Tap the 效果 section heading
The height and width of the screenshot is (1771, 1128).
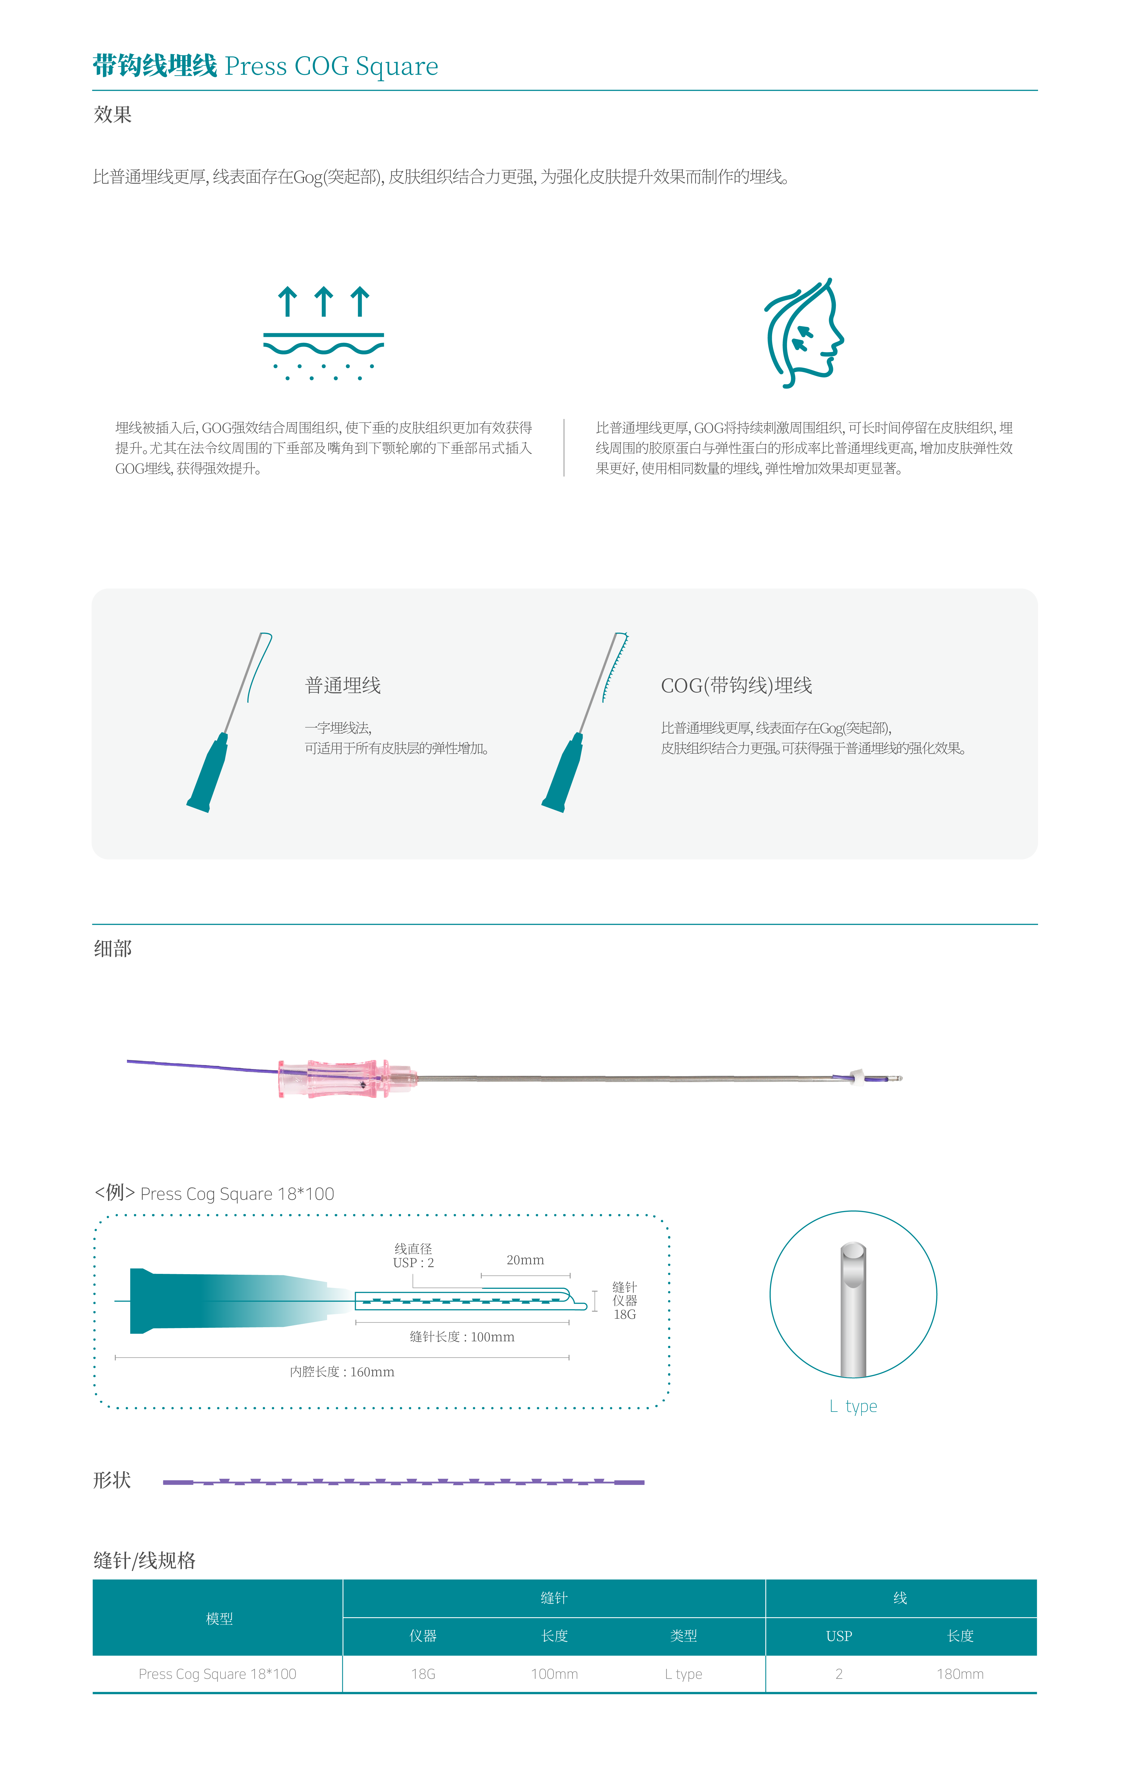[113, 115]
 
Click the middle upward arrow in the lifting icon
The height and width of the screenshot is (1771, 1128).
[323, 302]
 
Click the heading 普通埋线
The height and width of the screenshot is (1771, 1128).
[343, 685]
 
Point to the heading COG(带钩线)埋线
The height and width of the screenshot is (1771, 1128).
[736, 685]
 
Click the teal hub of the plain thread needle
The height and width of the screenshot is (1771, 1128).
[207, 772]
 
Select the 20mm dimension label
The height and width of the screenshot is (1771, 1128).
[525, 1260]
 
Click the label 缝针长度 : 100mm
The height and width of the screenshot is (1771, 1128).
[462, 1336]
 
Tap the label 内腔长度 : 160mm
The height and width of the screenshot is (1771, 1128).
[342, 1372]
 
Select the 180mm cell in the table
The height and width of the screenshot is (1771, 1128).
[960, 1674]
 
